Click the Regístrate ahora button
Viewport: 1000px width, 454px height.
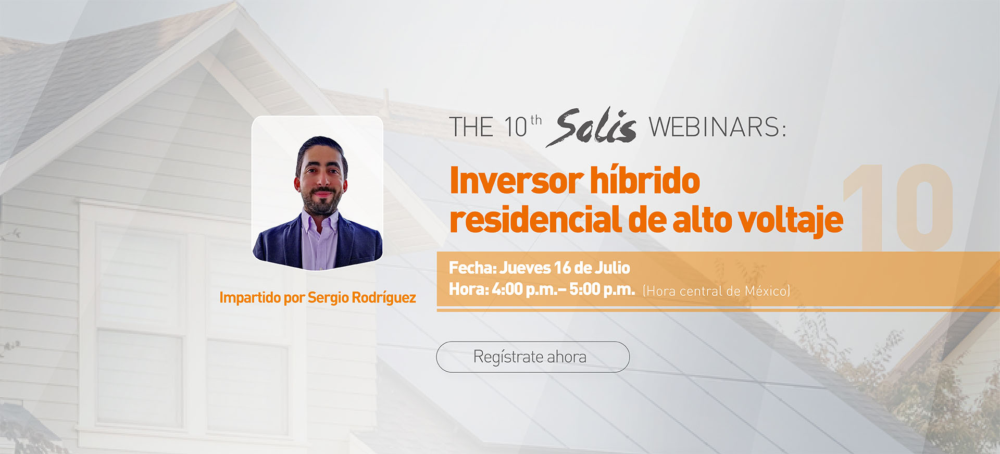533,357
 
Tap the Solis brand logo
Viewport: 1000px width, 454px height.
591,127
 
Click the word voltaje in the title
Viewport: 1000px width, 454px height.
792,220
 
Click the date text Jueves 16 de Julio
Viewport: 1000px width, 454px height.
565,268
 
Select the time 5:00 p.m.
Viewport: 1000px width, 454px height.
602,289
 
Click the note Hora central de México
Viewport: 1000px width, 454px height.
717,291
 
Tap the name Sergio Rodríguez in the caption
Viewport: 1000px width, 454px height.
361,297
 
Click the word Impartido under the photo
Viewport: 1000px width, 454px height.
250,297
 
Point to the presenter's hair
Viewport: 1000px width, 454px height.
321,148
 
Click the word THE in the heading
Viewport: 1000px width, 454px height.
471,128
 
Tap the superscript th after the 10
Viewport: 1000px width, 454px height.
536,120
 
